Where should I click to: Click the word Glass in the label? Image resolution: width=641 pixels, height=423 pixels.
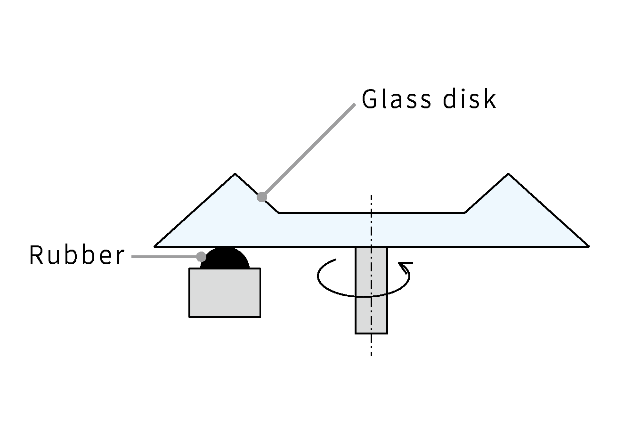396,99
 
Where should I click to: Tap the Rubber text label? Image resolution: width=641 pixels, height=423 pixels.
77,256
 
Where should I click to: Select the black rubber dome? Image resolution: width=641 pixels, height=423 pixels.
225,259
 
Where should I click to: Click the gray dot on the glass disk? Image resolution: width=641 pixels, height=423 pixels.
262,197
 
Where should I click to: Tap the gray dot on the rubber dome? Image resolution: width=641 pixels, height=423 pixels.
201,256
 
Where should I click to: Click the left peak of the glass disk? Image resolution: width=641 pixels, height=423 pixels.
235,175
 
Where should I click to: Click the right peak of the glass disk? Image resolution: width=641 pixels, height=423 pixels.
508,175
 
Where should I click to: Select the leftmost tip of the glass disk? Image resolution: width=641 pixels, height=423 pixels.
156,245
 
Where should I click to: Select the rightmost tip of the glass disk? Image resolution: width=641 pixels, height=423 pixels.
587,245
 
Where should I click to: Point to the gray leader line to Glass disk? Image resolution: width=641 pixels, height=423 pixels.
308,150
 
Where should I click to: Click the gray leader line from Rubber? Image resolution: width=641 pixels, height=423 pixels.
165,257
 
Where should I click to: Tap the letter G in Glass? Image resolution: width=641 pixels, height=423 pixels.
370,99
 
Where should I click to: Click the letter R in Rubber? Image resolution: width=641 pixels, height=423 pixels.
36,256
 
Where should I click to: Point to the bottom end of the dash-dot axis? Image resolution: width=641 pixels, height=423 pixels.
371,354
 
